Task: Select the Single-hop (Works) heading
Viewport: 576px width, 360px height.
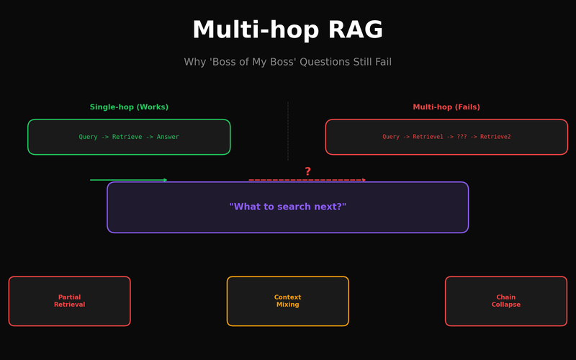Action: tap(129, 107)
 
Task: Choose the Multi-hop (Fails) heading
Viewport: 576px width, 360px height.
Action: tap(446, 107)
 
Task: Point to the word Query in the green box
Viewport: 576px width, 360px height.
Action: tap(88, 137)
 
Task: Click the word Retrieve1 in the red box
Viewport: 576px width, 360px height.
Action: tap(428, 137)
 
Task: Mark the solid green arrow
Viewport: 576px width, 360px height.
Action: tap(129, 180)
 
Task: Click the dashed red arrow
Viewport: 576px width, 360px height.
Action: tap(307, 180)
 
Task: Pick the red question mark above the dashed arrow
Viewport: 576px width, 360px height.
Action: tap(307, 171)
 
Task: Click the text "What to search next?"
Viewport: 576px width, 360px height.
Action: tap(288, 207)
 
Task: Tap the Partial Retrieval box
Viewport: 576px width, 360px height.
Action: tap(70, 301)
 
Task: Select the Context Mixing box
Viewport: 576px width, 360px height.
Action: tap(288, 301)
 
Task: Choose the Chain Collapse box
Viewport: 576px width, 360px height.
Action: tap(506, 301)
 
